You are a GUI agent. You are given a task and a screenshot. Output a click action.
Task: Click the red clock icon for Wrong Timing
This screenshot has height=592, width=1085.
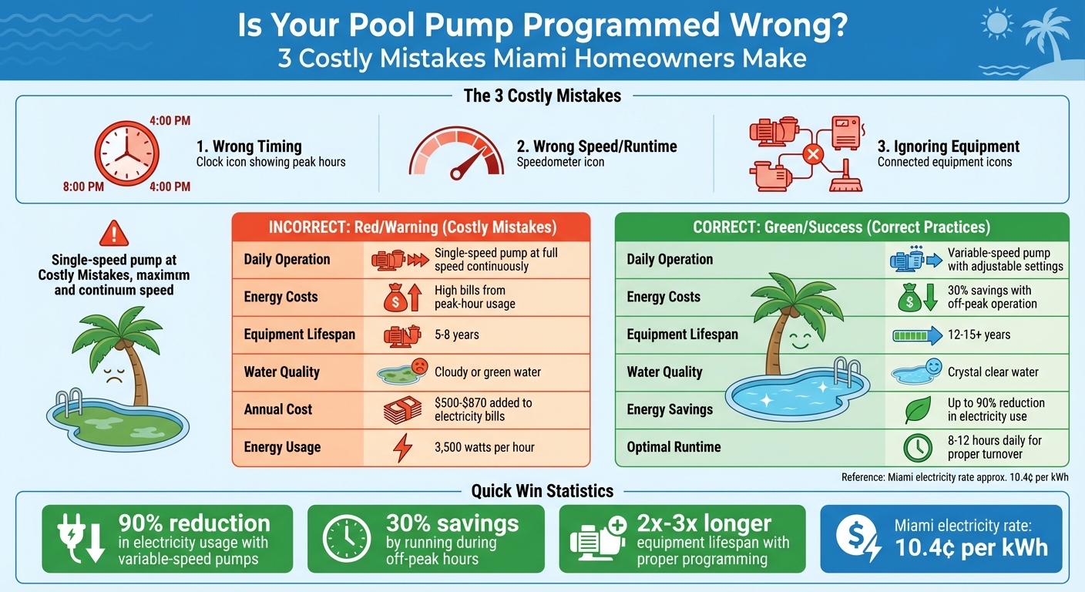[126, 153]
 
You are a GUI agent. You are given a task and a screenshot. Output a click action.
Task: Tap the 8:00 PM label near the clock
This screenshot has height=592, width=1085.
[83, 187]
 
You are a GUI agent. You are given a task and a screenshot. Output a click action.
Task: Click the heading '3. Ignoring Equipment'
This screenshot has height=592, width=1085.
[948, 146]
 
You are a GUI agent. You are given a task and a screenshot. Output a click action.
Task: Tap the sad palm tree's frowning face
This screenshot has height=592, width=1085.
[113, 376]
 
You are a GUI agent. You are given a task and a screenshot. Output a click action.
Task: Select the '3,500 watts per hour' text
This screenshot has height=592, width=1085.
[485, 447]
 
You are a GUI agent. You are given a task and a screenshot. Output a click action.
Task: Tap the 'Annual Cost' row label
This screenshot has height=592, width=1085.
[278, 409]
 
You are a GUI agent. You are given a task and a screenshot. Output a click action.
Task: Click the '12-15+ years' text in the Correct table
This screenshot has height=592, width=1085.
[979, 335]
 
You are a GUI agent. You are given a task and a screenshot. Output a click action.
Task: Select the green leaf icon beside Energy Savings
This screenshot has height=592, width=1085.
[916, 409]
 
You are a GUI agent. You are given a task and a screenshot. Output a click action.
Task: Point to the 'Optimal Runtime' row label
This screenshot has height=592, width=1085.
[674, 447]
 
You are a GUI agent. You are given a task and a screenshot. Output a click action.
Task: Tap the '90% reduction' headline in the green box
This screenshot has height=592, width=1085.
[194, 524]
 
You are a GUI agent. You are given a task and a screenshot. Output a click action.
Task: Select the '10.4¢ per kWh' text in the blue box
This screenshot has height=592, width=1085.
[971, 547]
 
